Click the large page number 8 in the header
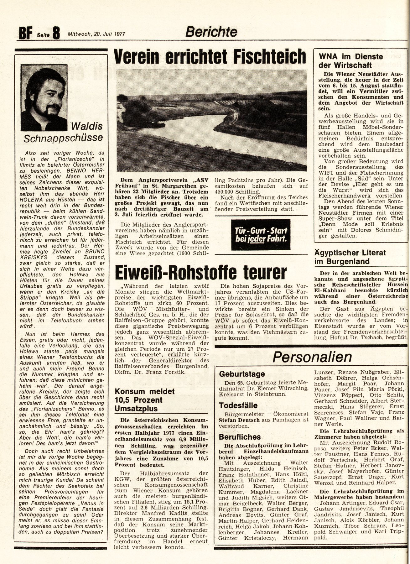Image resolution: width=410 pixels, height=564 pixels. tap(56, 33)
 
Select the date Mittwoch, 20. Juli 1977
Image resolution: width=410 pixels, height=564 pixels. tap(96, 34)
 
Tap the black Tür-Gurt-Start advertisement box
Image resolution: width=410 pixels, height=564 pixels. tap(261, 234)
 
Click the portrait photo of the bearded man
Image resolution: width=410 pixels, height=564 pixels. tap(44, 97)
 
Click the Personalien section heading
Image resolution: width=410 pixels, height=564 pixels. tap(312, 357)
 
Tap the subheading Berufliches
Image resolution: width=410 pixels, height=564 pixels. tap(240, 437)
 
